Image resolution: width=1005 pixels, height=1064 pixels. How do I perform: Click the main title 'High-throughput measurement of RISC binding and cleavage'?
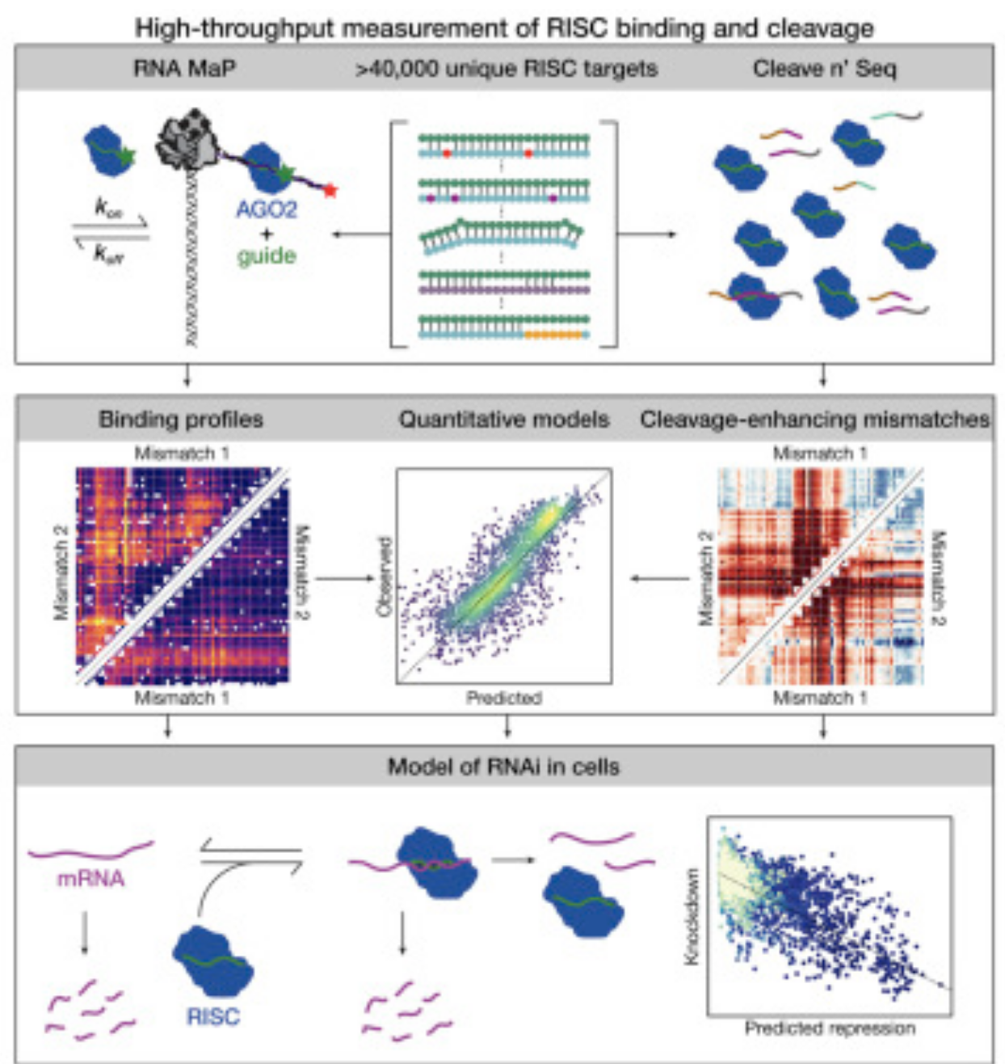coord(503,28)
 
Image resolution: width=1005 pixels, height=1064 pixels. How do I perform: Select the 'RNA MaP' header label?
coord(184,69)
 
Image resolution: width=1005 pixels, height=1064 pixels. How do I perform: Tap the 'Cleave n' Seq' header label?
coord(824,69)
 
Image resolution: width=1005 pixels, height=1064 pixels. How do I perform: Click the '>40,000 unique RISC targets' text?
coord(507,69)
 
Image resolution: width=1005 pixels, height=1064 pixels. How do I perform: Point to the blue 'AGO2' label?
coord(267,210)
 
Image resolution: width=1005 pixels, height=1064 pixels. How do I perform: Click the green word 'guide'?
coord(267,256)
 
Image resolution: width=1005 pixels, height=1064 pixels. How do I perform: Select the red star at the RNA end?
coord(330,191)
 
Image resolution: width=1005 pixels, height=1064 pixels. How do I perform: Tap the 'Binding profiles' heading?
coord(181,419)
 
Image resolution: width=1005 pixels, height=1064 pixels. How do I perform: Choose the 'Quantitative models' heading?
coord(503,419)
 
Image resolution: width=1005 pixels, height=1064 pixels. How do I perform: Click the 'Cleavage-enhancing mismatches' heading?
coord(814,419)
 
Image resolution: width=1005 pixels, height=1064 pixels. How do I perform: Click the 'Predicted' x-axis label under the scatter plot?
coord(503,698)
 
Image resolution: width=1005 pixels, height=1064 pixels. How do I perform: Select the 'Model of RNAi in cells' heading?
coord(503,766)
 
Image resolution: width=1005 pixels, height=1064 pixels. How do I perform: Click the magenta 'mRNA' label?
coord(90,878)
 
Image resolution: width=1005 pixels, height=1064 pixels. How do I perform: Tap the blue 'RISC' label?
coord(213,1016)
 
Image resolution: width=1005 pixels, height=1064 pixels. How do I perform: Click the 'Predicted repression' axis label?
coord(830,1028)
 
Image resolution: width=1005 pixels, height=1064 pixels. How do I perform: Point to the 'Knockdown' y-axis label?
coord(692,916)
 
